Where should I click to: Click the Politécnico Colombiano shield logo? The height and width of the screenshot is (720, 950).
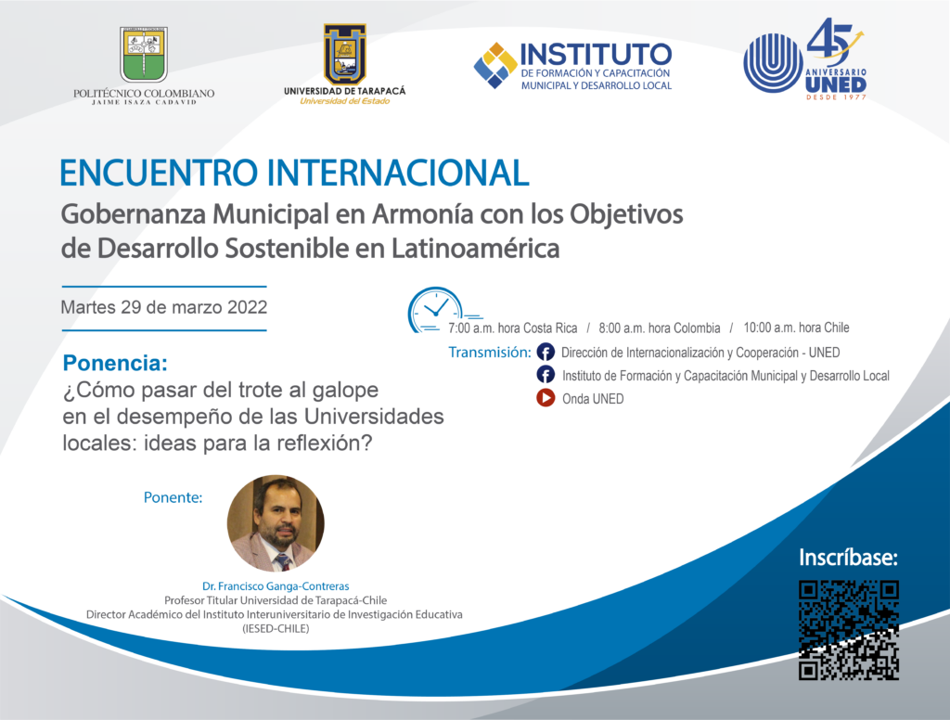pos(144,55)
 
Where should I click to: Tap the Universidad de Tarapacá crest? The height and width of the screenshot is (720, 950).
pos(345,55)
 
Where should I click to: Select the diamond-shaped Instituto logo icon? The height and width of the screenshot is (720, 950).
pos(495,66)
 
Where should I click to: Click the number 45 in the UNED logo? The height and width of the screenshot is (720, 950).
pos(830,39)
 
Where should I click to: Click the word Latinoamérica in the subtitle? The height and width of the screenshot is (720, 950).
pos(475,249)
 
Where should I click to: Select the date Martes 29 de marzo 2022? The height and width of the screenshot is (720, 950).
pos(163,307)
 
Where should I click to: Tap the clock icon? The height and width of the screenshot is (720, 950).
pos(436,310)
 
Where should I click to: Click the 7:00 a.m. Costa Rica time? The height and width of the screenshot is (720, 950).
pos(512,328)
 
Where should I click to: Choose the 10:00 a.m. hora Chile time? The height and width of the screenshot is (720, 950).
pos(796,328)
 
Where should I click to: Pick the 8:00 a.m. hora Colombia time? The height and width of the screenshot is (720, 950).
pos(660,328)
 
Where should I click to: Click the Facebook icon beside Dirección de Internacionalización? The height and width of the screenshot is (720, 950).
pos(546,353)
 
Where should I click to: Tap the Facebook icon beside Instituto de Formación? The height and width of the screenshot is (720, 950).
pos(546,375)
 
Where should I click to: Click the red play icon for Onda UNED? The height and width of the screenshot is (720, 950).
pos(546,397)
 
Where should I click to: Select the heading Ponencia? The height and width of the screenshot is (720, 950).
pos(115,363)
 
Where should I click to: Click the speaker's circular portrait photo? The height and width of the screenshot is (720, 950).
pos(276,523)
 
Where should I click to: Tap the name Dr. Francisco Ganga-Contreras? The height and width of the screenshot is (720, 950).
pos(276,586)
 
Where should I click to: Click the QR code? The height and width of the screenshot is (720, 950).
pos(848,630)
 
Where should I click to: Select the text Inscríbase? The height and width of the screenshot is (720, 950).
pos(848,557)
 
